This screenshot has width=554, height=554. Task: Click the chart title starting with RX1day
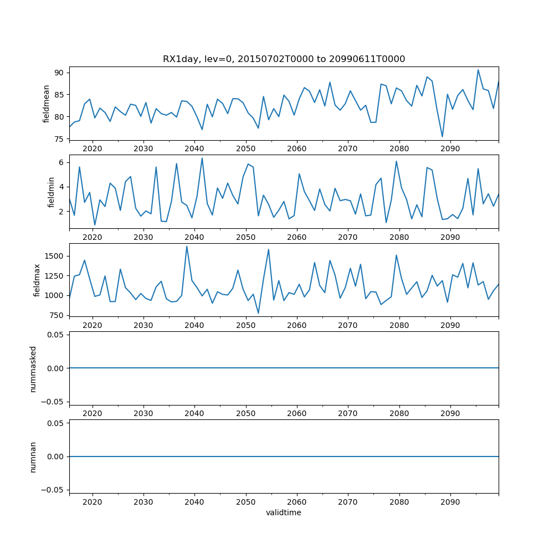[x=284, y=59]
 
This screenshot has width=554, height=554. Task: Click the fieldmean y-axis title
[x=47, y=104]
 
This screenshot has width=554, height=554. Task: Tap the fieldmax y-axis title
[x=37, y=280]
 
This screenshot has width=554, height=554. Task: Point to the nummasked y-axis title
[x=33, y=368]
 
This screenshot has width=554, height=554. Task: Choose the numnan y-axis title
[x=33, y=456]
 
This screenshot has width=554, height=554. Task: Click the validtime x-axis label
[x=284, y=513]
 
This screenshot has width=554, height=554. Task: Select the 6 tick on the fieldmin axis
[x=62, y=162]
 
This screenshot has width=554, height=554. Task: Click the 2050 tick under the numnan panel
[x=245, y=502]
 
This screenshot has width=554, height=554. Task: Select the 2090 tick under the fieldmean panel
[x=450, y=150]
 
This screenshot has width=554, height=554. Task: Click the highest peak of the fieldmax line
[x=187, y=246]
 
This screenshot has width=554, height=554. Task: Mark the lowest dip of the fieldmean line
[x=442, y=136]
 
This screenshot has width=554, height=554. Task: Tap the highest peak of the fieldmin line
[x=202, y=158]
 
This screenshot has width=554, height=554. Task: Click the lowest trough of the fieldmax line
[x=258, y=313]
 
